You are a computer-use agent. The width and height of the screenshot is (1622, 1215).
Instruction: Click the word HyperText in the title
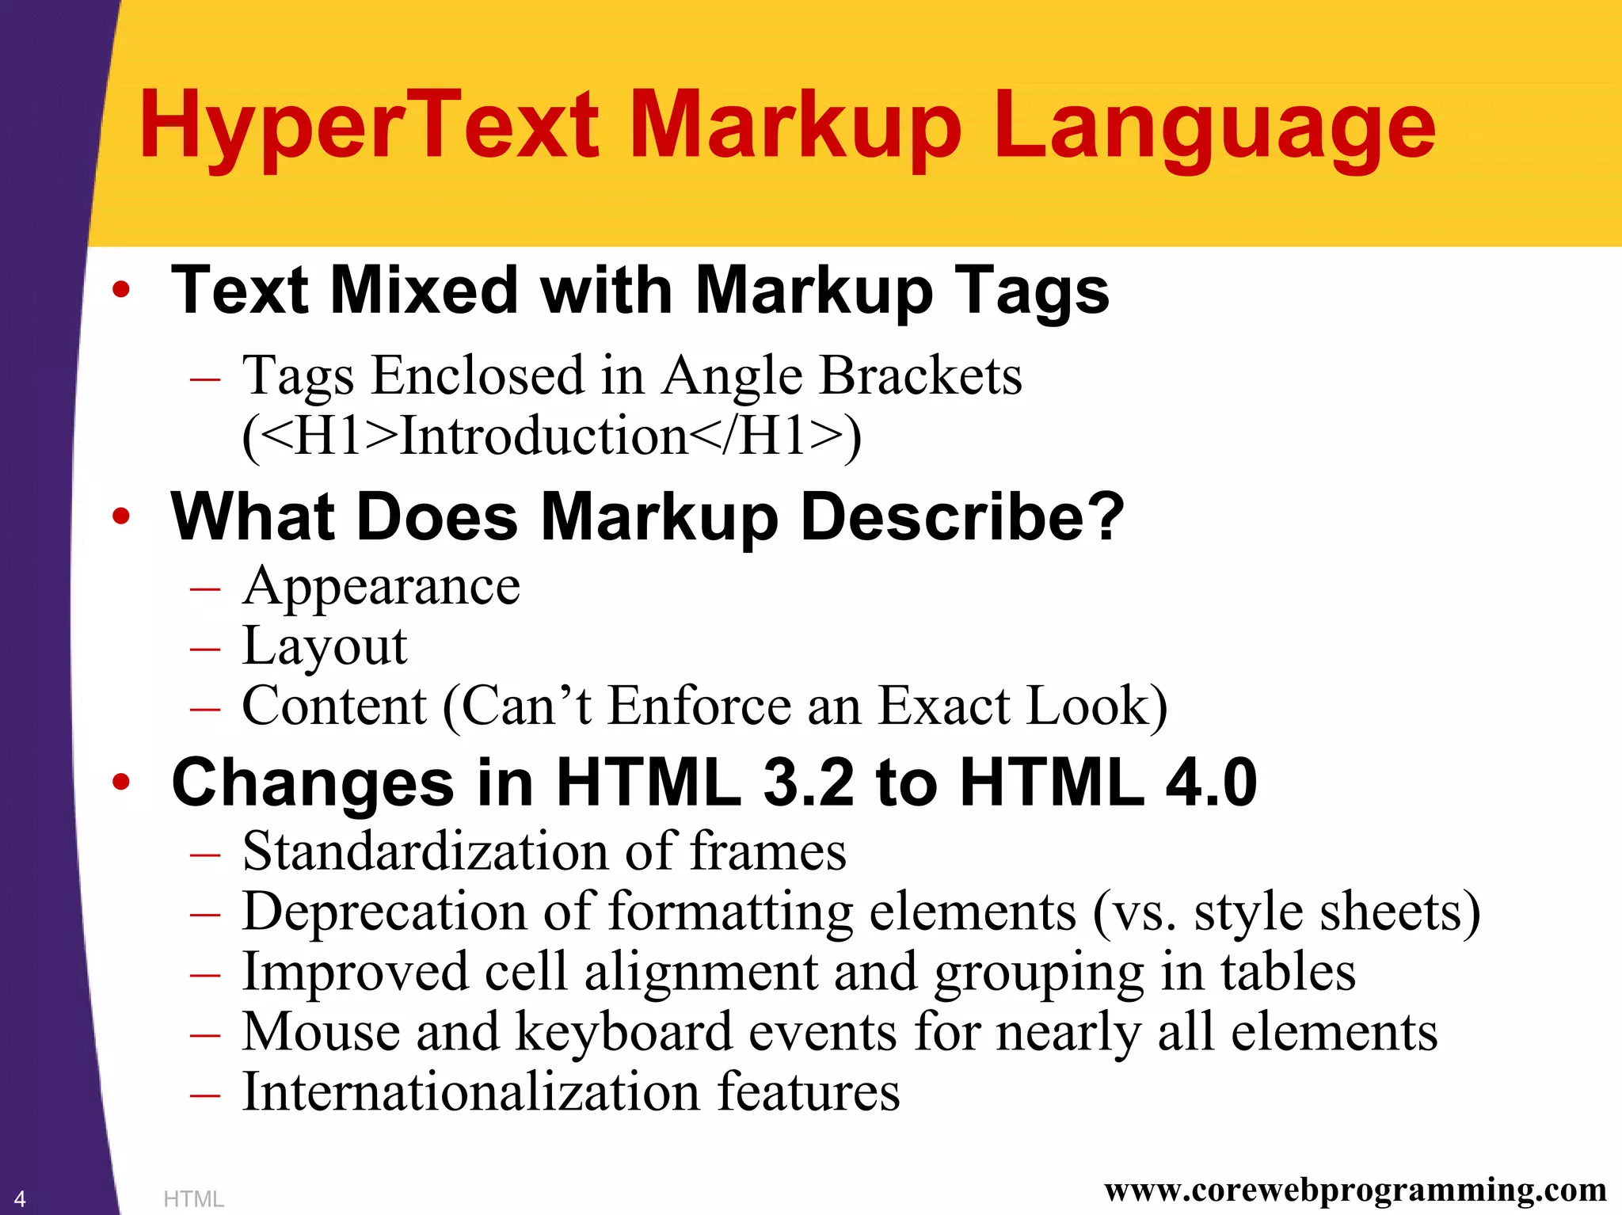coord(369,127)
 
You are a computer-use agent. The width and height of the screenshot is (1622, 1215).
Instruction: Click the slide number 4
coord(20,1198)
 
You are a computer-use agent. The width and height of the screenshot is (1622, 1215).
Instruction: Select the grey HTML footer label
coord(193,1199)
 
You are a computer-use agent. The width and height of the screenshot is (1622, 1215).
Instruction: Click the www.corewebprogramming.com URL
coord(1355,1189)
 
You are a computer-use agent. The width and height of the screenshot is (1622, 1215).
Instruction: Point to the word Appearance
coord(381,588)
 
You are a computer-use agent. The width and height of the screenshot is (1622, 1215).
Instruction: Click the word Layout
coord(325,646)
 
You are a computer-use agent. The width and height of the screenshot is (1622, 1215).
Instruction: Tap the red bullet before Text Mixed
coord(120,290)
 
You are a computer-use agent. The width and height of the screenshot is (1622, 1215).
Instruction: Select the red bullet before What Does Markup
coord(120,517)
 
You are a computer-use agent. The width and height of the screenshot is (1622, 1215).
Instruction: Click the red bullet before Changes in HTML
coord(120,783)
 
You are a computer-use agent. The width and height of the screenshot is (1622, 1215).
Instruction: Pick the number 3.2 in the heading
coord(808,783)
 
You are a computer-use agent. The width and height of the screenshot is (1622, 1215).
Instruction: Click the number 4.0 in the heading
coord(1211,783)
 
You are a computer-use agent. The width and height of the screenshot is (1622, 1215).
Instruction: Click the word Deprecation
coord(384,912)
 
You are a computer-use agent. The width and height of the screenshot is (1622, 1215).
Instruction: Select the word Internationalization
coord(472,1092)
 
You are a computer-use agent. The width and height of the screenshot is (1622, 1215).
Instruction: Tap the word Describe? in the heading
coord(962,517)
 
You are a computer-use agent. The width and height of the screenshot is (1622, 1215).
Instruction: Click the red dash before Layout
coord(205,649)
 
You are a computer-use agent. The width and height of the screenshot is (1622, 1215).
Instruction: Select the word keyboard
coord(624,1033)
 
